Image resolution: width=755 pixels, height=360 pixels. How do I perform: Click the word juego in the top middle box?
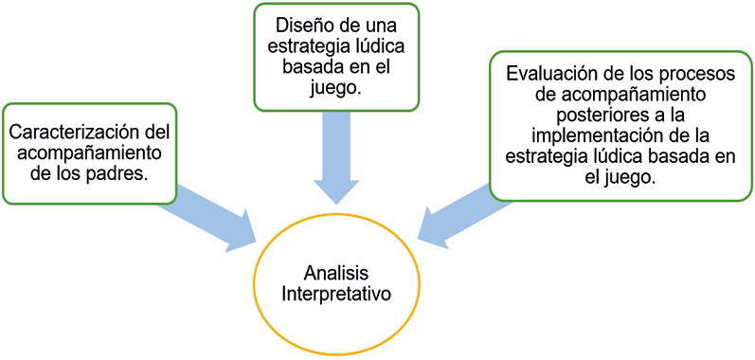coord(335,88)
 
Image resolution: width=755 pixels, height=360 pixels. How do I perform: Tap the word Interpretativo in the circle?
coord(335,294)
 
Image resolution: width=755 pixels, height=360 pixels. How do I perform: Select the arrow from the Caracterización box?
coord(207,217)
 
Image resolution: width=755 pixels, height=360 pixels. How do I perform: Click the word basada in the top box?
coord(307,67)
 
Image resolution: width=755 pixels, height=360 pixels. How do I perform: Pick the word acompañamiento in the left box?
coord(89,153)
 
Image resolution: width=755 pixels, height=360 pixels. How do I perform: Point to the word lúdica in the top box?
coord(376,46)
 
